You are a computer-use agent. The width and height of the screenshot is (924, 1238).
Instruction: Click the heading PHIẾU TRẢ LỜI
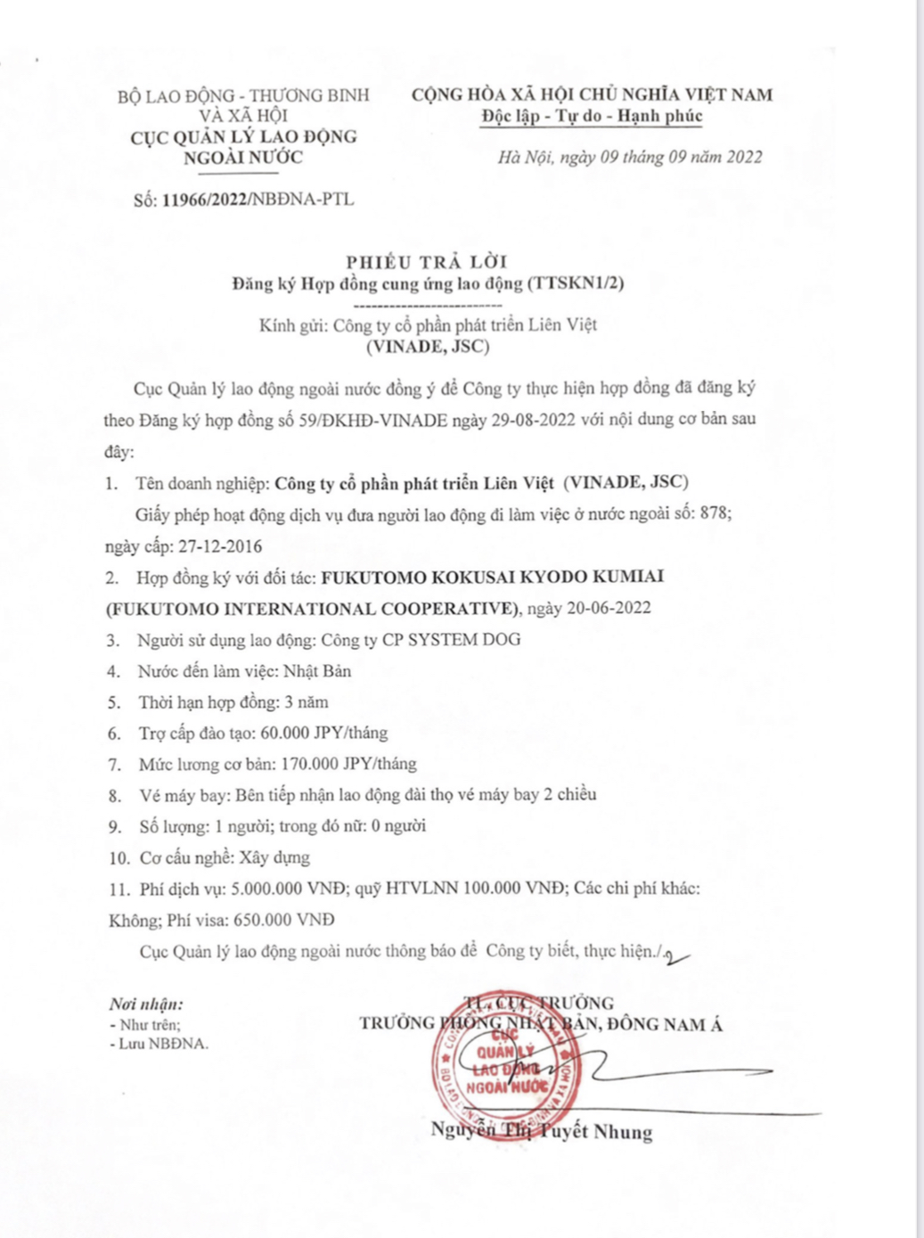[427, 261]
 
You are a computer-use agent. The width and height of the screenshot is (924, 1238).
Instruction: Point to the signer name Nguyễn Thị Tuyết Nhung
[542, 1131]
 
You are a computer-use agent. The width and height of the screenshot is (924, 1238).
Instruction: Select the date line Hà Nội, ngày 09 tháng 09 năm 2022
[630, 157]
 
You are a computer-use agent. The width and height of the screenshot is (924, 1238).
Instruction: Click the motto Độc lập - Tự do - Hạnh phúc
[592, 116]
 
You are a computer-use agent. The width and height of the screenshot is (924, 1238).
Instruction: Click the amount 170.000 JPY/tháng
[348, 764]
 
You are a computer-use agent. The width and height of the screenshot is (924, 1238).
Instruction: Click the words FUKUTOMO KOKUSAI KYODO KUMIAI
[492, 577]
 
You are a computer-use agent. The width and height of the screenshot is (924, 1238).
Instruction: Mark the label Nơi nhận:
[146, 1004]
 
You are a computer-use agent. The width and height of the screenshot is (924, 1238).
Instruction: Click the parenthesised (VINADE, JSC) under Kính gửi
[428, 347]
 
